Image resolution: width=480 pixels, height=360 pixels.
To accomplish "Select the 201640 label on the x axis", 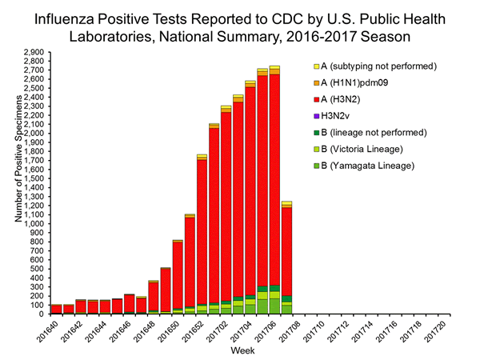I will coord(46,331).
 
